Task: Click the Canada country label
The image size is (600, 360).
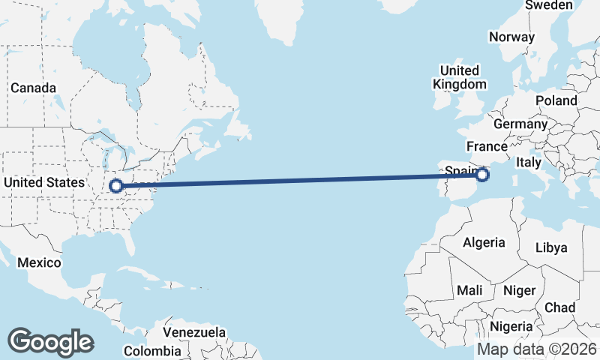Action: (33, 88)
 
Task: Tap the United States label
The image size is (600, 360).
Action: (44, 182)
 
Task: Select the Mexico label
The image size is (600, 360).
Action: (38, 262)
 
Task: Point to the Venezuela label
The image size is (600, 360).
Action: (194, 331)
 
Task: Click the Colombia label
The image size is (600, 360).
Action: (152, 350)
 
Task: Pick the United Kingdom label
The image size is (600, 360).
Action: (460, 77)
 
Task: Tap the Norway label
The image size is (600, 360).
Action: (511, 37)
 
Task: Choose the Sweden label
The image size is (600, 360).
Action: (549, 5)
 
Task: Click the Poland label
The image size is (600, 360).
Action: (556, 100)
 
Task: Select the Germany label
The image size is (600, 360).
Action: (521, 124)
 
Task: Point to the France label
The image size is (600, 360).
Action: (487, 145)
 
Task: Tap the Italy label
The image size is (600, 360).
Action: (529, 161)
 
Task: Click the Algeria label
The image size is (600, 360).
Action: (484, 242)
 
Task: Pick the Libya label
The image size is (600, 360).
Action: (552, 247)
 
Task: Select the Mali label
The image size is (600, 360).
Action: (469, 289)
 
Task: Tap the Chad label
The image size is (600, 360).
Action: (559, 307)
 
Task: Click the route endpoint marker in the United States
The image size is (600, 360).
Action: (116, 185)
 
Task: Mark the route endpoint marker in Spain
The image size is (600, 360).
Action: (482, 175)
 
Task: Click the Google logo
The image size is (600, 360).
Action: (50, 341)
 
